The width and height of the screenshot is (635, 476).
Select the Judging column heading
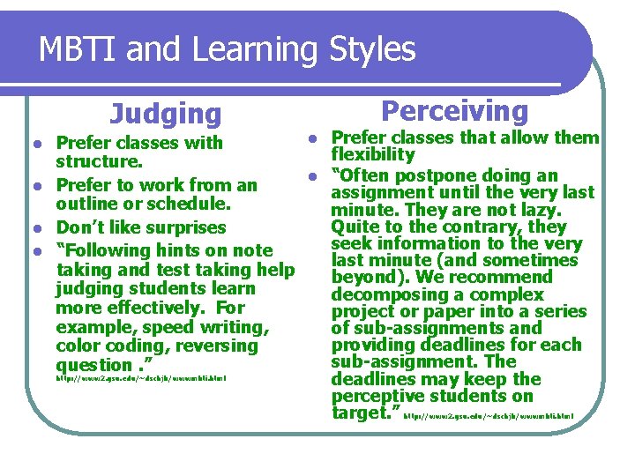pos(166,114)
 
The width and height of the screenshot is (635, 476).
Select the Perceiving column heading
pos(454,111)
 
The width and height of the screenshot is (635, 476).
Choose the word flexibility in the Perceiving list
pos(373,155)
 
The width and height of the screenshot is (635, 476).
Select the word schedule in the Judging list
pos(193,204)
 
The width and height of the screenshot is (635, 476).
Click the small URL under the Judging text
pos(141,379)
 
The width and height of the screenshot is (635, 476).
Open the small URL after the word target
pos(489,415)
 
